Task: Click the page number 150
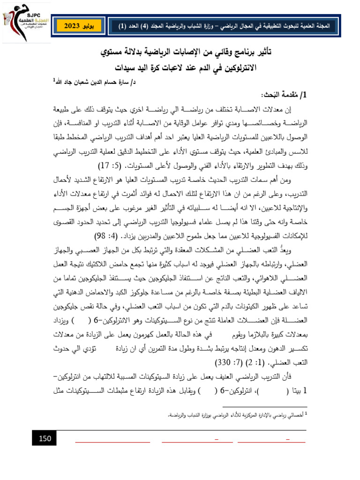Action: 45,438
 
